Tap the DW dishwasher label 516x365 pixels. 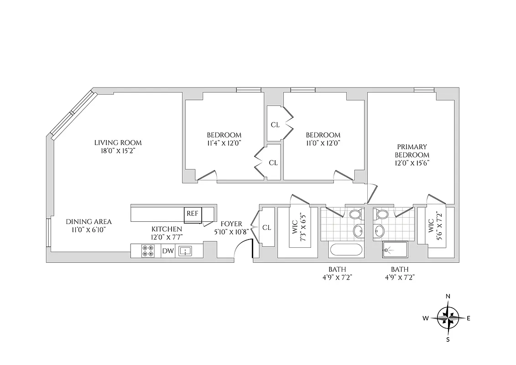coord(167,251)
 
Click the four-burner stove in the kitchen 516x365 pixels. coord(148,251)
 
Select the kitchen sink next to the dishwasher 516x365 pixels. coord(184,250)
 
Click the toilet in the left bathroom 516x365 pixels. coord(355,214)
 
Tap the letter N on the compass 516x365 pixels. coord(448,297)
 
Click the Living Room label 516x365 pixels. coord(115,142)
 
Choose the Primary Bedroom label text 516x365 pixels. coord(412,151)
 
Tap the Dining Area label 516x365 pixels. coord(89,222)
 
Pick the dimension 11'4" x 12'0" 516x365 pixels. coord(224,142)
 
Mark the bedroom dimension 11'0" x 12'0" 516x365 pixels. coord(323,142)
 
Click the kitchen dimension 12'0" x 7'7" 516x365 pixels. coord(167,236)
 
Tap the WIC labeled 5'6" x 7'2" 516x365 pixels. coord(435,227)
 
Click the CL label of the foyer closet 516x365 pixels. coord(267,227)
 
